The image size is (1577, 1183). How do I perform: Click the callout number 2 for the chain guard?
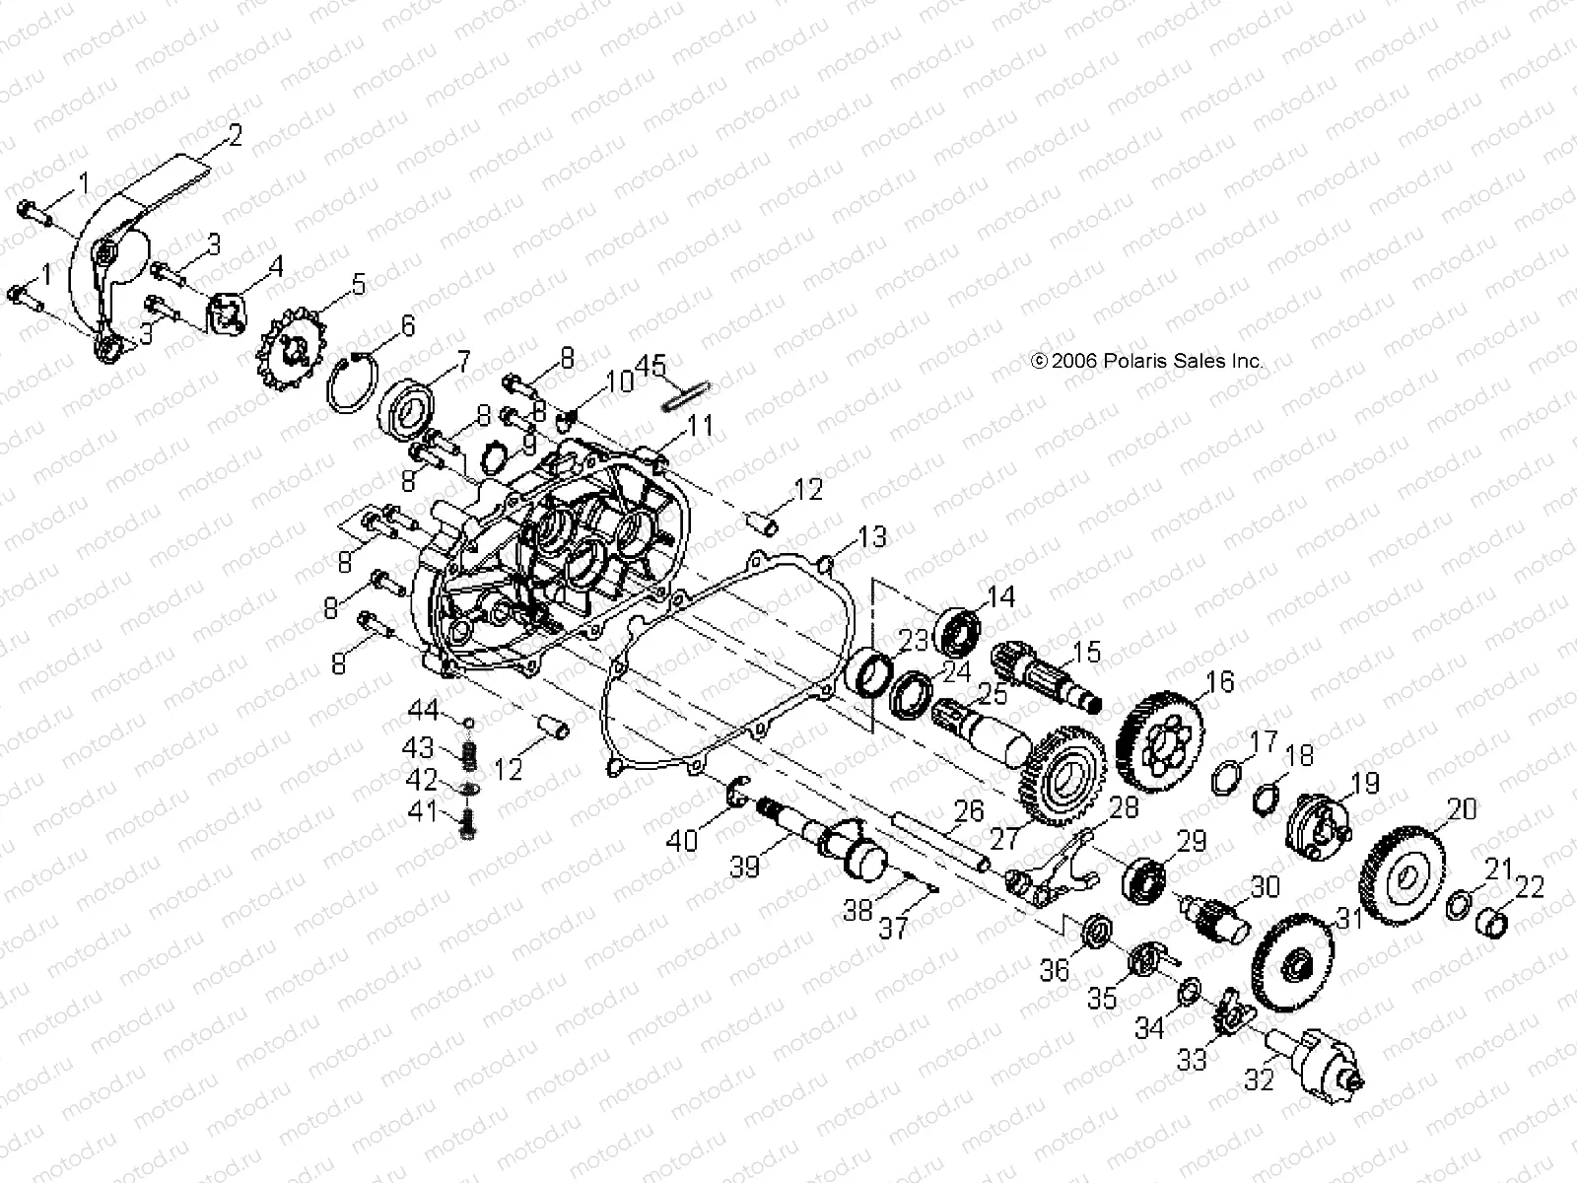(x=235, y=135)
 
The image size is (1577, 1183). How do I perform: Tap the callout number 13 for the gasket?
(x=872, y=537)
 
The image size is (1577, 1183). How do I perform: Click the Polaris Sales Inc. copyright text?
(x=1146, y=362)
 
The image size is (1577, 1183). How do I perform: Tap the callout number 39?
(x=744, y=867)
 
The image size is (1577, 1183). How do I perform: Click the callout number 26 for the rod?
(x=970, y=811)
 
